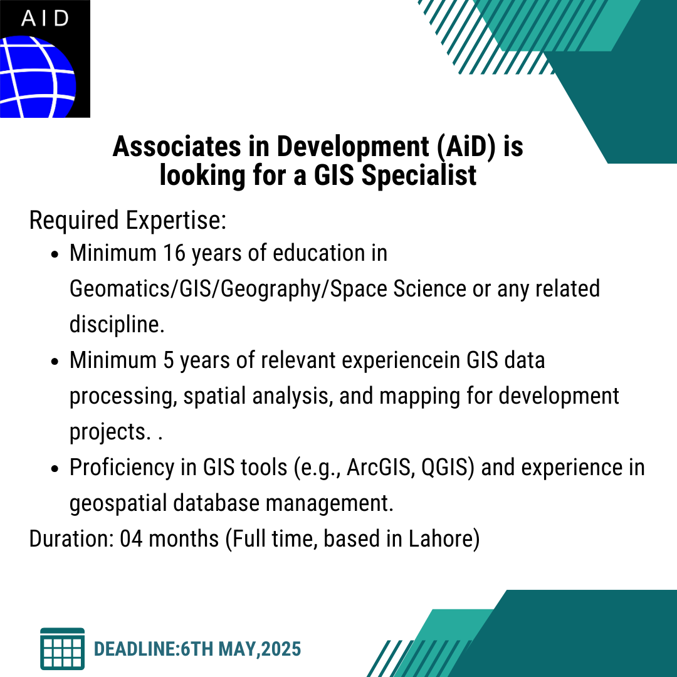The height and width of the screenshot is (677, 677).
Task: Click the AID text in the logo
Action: [45, 18]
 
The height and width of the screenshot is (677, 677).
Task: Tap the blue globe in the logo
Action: [38, 77]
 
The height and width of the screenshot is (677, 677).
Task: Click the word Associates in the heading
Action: [177, 146]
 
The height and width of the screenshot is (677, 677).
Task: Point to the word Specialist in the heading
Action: [419, 176]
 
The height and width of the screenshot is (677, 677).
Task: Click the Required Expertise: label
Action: [128, 220]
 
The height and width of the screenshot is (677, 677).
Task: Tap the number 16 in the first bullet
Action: [174, 253]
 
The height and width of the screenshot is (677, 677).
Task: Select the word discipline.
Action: [117, 324]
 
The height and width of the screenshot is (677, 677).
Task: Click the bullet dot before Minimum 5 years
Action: [54, 362]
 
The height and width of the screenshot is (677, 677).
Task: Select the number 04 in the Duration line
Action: [131, 539]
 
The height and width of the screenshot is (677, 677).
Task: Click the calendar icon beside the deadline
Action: [62, 649]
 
